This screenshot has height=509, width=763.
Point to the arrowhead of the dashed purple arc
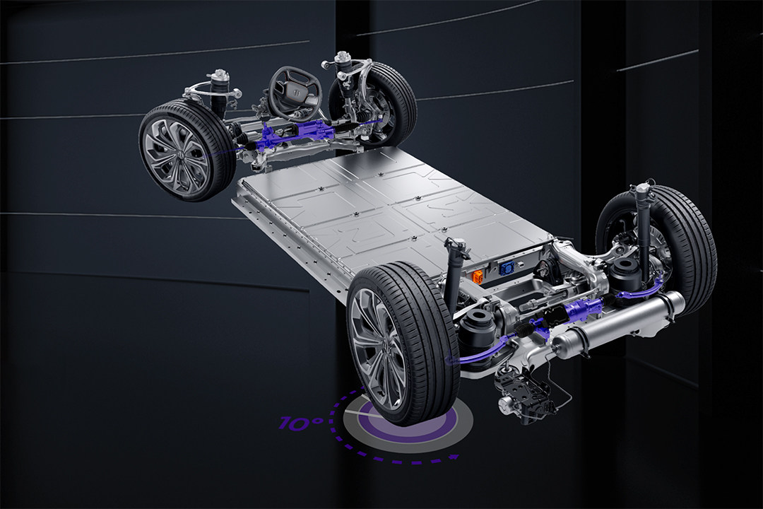click(454, 457)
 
